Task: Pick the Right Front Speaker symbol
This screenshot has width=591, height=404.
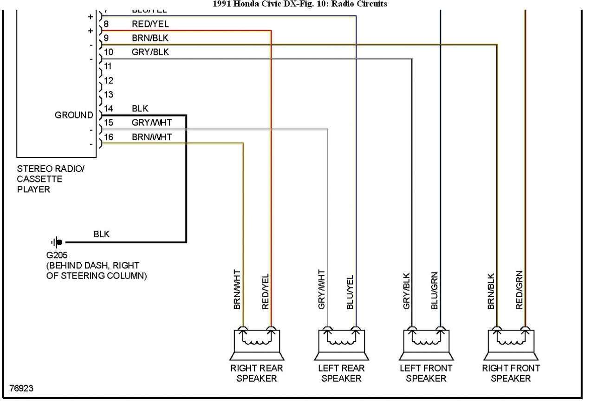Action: pyautogui.click(x=511, y=344)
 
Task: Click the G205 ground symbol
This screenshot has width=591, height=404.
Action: pyautogui.click(x=57, y=242)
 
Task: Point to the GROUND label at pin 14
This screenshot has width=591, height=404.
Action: pyautogui.click(x=74, y=115)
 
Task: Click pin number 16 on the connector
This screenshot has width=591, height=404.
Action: pyautogui.click(x=109, y=137)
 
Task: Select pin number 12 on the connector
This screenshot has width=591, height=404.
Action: pyautogui.click(x=109, y=80)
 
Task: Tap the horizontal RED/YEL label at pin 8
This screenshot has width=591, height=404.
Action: pyautogui.click(x=150, y=24)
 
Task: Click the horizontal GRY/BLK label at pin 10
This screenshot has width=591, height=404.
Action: pyautogui.click(x=150, y=52)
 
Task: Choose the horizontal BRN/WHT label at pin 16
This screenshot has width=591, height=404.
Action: pyautogui.click(x=151, y=137)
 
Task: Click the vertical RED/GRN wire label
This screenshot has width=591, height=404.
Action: pyautogui.click(x=519, y=290)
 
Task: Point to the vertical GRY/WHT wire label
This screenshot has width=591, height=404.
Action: pyautogui.click(x=322, y=290)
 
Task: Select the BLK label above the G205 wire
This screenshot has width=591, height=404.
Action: pyautogui.click(x=102, y=235)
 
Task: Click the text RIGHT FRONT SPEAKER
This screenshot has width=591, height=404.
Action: pyautogui.click(x=511, y=373)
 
